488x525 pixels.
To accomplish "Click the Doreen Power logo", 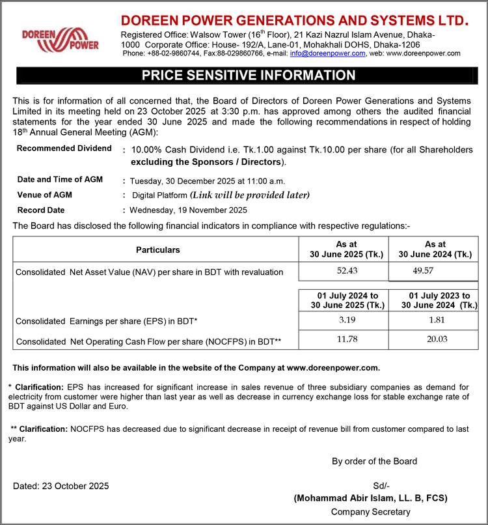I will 61,38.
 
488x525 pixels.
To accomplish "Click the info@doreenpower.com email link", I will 327,53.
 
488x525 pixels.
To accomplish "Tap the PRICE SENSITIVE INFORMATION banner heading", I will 249,76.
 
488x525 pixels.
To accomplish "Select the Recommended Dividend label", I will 64,149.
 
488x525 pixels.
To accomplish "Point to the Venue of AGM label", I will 45,195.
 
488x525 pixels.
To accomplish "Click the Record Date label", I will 41,210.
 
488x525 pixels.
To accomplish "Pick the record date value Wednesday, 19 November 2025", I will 189,210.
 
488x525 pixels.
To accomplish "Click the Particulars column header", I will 158,250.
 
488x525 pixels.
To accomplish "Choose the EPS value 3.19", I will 343,320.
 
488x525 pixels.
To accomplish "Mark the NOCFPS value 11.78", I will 343,339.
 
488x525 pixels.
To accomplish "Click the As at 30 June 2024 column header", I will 435,249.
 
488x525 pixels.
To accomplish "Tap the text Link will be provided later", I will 250,195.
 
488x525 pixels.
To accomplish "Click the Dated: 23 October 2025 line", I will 61,486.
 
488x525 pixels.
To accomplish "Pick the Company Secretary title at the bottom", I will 371,512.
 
